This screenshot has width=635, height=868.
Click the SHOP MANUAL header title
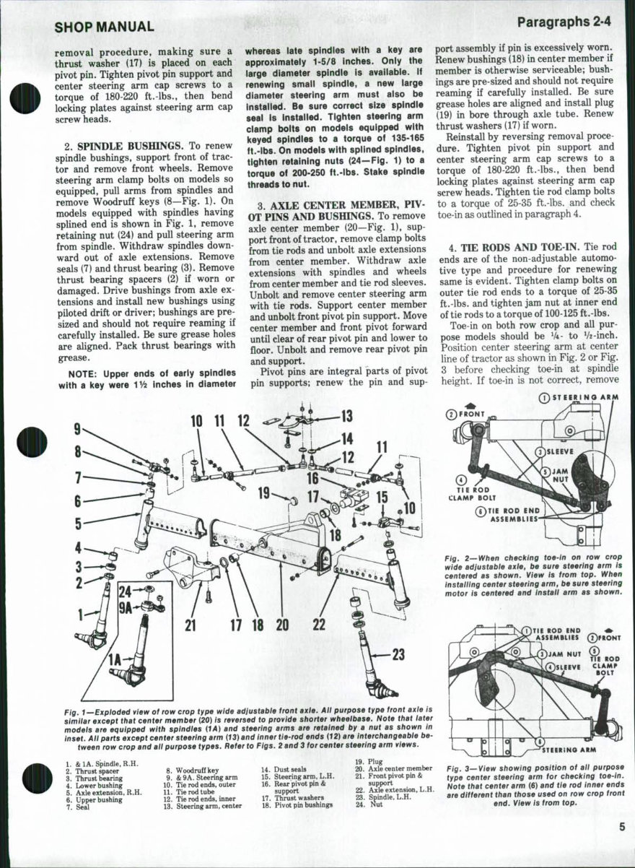tap(104, 27)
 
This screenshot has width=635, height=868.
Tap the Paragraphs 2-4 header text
tap(564, 22)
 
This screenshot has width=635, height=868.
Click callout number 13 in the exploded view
tap(346, 415)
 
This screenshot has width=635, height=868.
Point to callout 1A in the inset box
tap(115, 659)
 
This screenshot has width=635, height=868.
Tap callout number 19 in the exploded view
tap(263, 493)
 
